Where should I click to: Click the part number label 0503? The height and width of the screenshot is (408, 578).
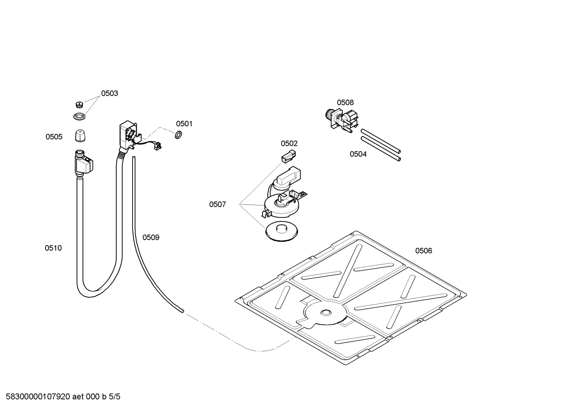tap(109, 93)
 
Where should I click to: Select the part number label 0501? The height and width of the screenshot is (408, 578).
tap(184, 124)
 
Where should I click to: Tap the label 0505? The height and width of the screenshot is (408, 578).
tap(54, 137)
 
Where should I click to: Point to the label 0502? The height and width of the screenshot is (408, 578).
tap(289, 143)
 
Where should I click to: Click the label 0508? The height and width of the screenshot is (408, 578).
tap(345, 103)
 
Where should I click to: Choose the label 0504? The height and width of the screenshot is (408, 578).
tap(358, 154)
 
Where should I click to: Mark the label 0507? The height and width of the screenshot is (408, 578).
tap(217, 205)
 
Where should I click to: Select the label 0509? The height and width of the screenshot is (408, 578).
tap(151, 237)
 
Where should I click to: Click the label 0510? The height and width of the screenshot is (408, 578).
tap(53, 248)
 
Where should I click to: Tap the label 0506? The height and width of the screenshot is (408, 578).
tap(423, 251)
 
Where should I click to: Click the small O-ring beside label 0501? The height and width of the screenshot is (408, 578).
tap(179, 134)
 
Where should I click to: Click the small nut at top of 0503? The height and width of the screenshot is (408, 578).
tap(79, 105)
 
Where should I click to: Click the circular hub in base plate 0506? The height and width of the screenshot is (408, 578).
tap(325, 312)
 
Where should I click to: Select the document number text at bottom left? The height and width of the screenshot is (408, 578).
tap(61, 397)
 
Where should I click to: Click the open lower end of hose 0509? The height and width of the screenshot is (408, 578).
tap(182, 310)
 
